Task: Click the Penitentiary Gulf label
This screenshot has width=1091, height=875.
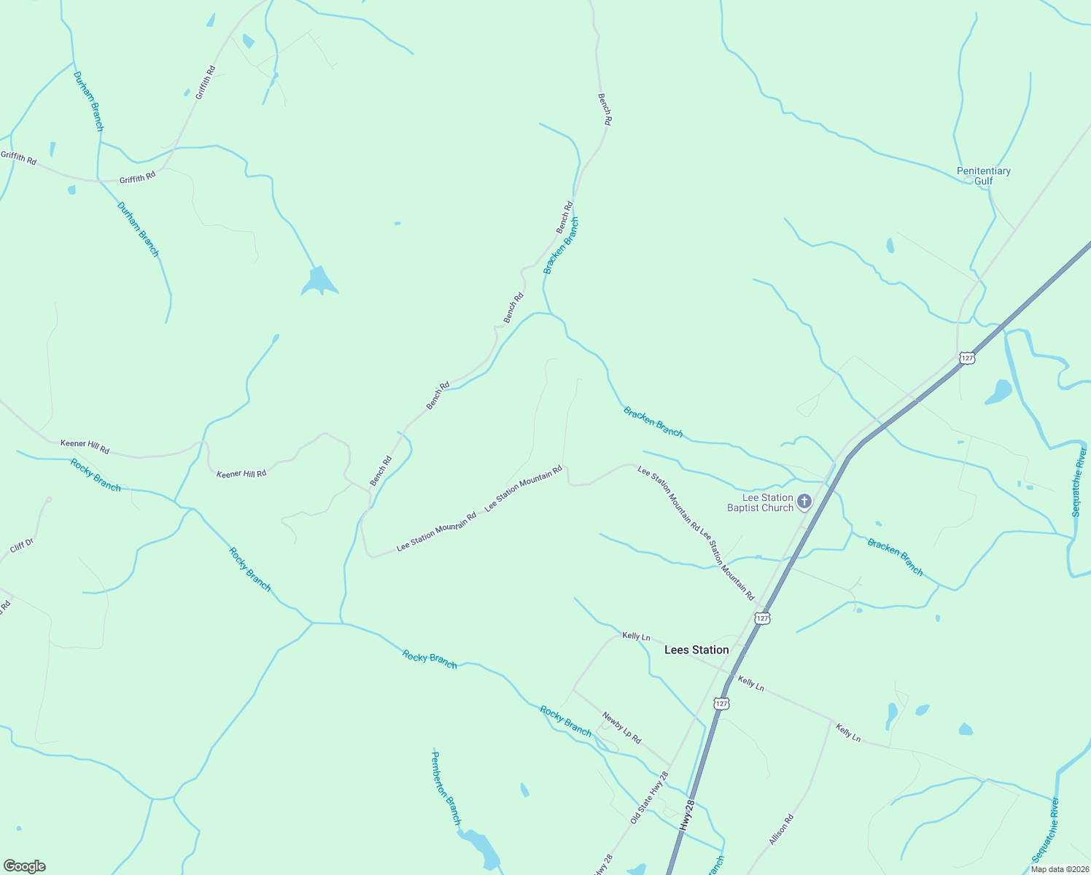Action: point(983,176)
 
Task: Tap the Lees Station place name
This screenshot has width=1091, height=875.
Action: point(696,650)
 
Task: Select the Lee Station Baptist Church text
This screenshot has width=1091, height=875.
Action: point(761,502)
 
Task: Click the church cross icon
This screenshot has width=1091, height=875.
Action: point(804,501)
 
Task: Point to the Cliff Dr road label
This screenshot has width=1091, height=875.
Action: point(22,545)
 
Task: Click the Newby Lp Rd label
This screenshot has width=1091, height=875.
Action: point(621,728)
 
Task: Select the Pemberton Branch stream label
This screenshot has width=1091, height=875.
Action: point(446,788)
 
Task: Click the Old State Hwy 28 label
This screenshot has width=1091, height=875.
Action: point(649,798)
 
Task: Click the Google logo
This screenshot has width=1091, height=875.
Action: point(24,866)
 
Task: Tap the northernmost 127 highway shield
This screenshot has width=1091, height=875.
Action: point(967,357)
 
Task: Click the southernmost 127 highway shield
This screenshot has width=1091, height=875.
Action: point(721,703)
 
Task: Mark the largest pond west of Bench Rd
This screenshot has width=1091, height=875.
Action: point(319,281)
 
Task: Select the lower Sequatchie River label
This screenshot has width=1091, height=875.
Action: point(1045,830)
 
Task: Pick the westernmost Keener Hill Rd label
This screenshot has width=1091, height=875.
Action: point(85,446)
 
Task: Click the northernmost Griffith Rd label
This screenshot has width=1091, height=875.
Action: point(206,82)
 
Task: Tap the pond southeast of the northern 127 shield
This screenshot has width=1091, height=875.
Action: point(998,392)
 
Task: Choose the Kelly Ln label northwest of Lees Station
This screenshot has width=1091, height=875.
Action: point(636,637)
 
